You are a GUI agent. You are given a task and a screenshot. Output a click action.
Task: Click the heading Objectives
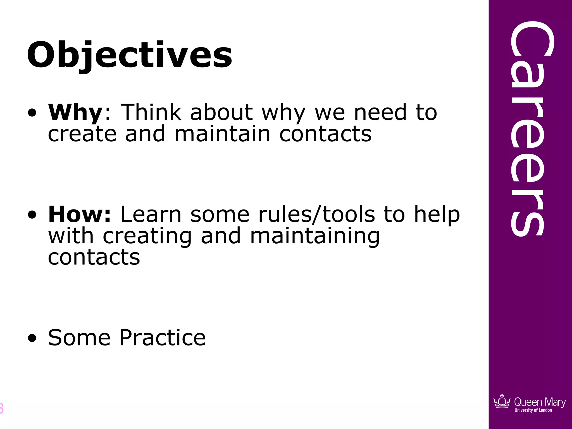pyautogui.click(x=129, y=55)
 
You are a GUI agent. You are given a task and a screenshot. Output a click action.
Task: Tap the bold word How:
pyautogui.click(x=80, y=214)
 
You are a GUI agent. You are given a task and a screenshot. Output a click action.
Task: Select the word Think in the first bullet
pyautogui.click(x=151, y=112)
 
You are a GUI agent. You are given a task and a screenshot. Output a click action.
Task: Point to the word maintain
pyautogui.click(x=222, y=134)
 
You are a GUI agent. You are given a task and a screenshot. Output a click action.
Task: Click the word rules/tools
pyautogui.click(x=316, y=214)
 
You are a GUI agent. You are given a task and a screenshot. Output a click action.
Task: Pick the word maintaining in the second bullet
pyautogui.click(x=315, y=236)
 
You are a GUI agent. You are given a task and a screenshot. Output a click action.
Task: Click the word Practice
pyautogui.click(x=163, y=338)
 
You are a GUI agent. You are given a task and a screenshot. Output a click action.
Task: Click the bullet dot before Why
pyautogui.click(x=32, y=113)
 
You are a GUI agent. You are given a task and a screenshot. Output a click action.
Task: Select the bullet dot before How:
pyautogui.click(x=32, y=215)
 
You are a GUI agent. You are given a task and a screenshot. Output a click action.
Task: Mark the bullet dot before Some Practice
pyautogui.click(x=32, y=338)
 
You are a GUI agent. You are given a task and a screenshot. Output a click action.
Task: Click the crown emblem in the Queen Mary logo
pyautogui.click(x=502, y=402)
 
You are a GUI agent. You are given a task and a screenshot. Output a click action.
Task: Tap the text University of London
pyautogui.click(x=533, y=410)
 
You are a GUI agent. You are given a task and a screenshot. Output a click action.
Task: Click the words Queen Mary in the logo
pyautogui.click(x=540, y=402)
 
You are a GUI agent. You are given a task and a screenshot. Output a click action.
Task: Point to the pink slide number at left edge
pyautogui.click(x=1, y=408)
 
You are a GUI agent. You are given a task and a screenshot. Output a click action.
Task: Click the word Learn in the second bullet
pyautogui.click(x=151, y=214)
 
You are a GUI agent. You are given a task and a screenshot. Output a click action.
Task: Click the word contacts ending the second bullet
pyautogui.click(x=94, y=258)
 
